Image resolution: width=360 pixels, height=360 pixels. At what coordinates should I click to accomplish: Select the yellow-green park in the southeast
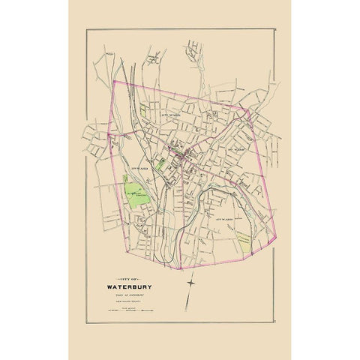point(244,237)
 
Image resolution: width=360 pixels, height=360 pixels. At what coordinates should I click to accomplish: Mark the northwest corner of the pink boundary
point(112,81)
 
